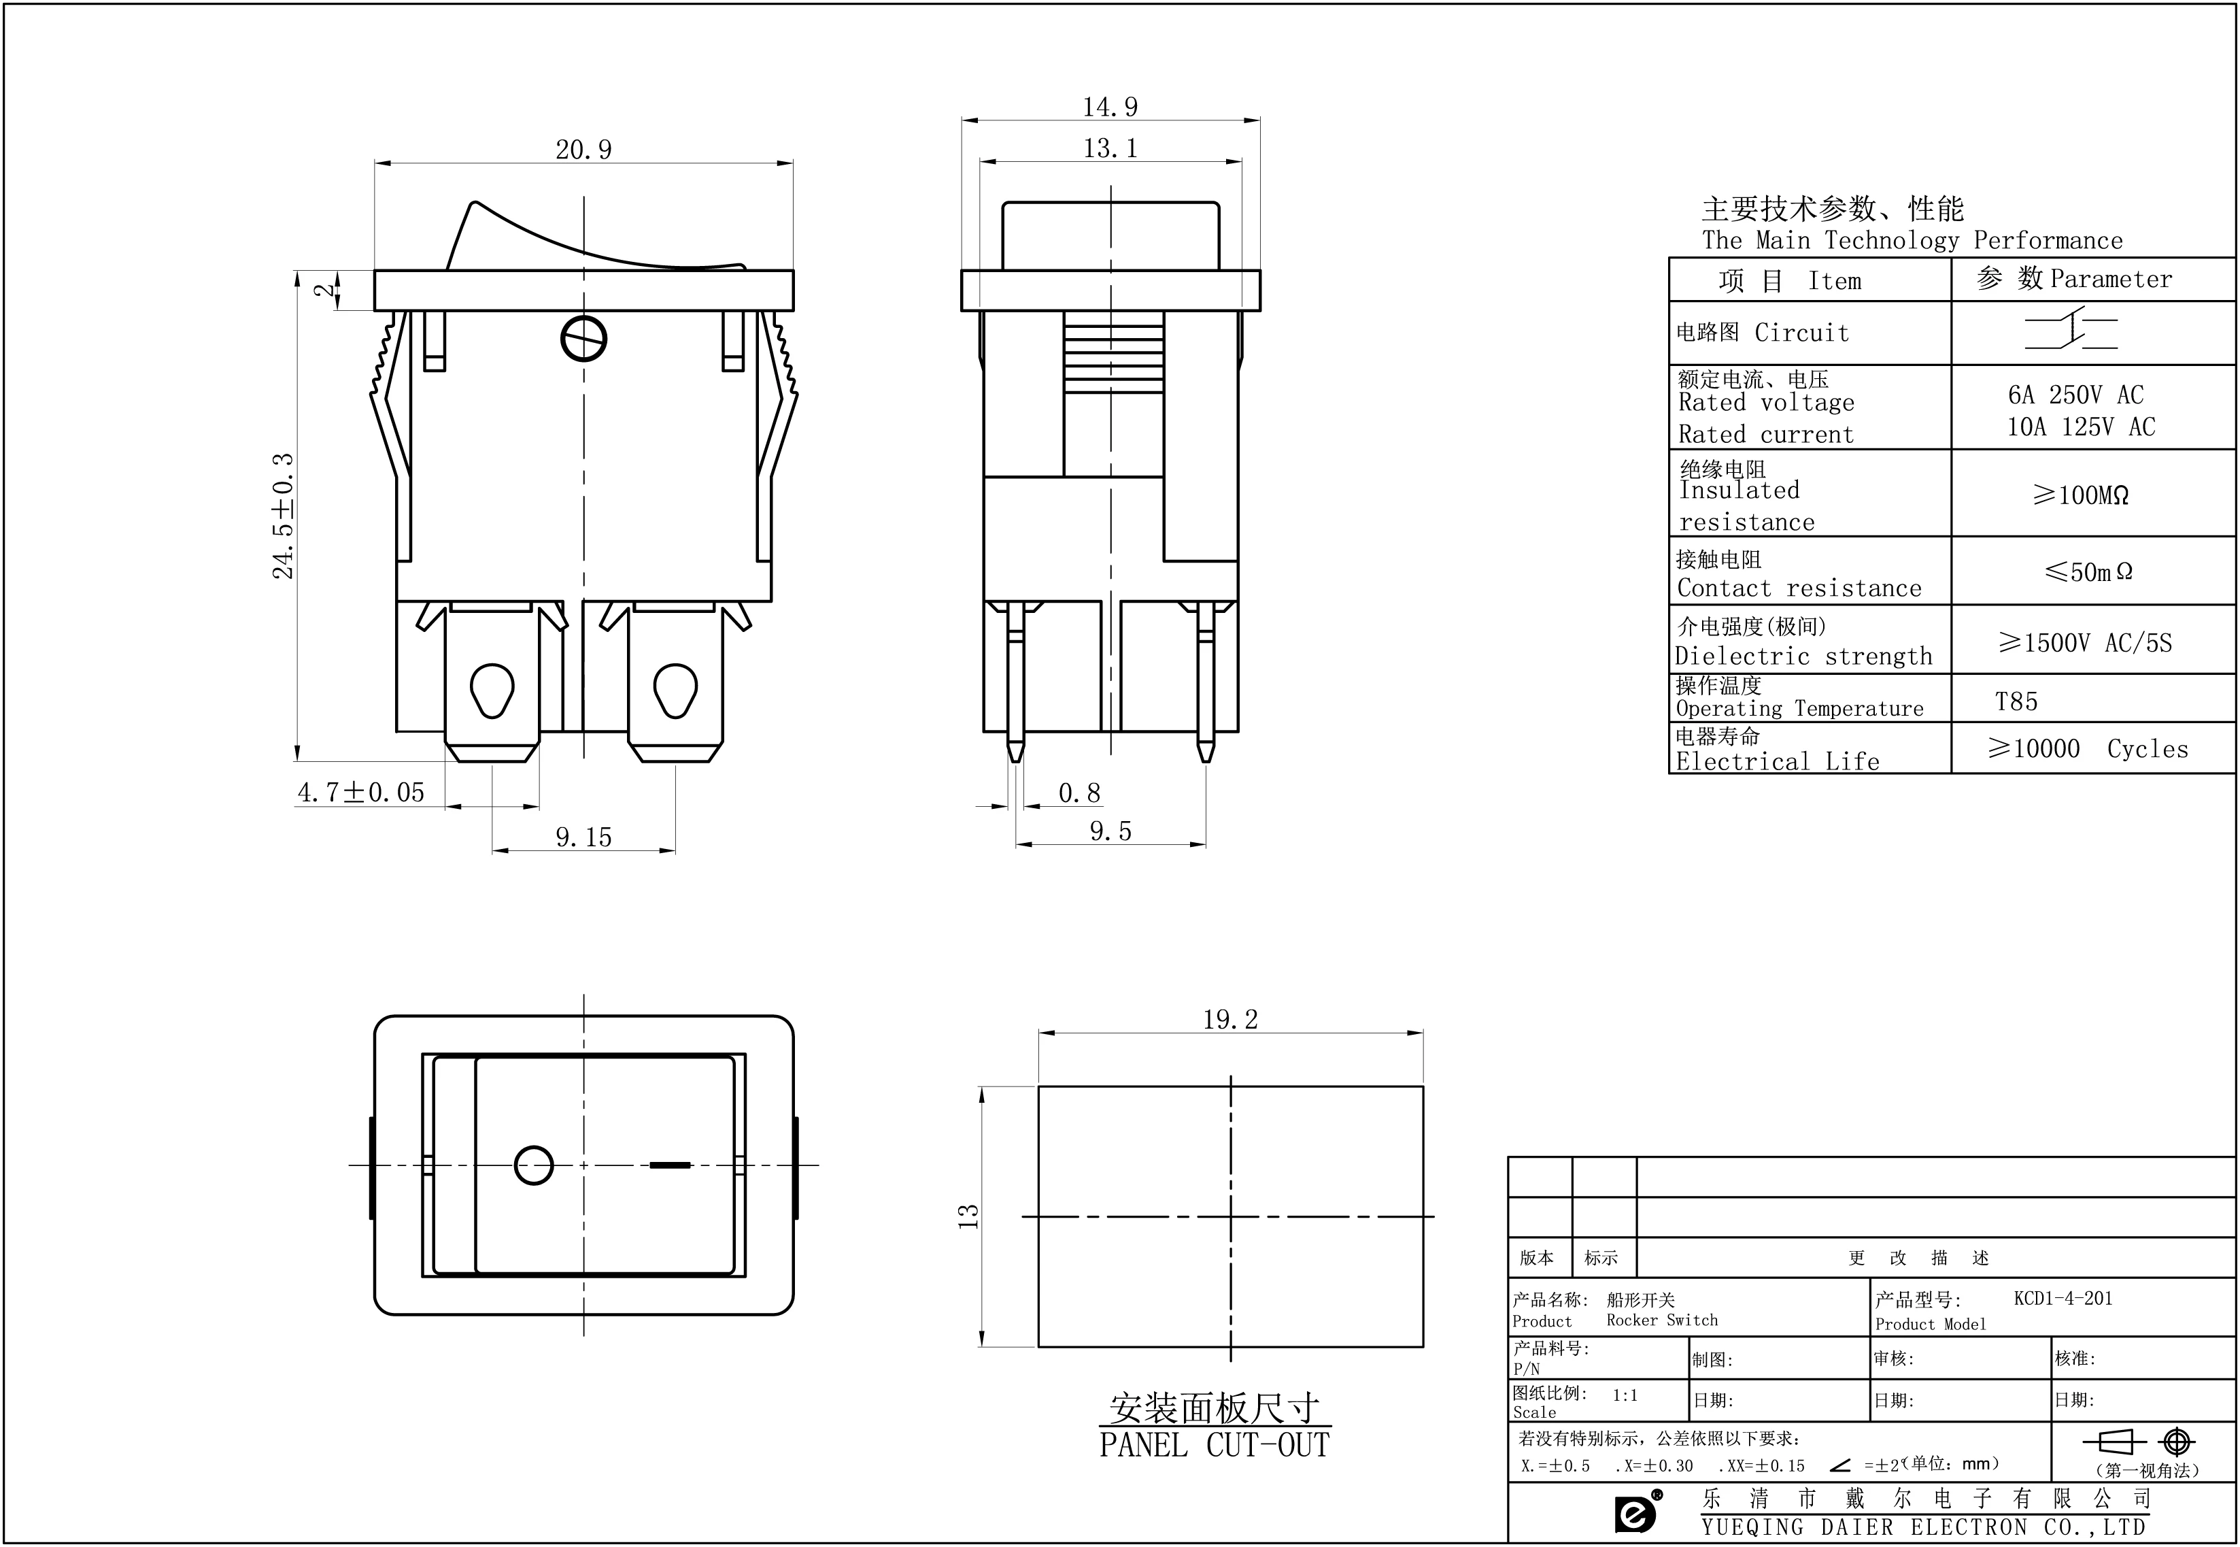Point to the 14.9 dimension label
click(1110, 107)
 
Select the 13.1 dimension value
click(1110, 148)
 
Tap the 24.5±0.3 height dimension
click(283, 516)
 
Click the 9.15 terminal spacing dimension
click(583, 837)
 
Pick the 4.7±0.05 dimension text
click(360, 793)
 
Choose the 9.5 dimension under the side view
click(1110, 831)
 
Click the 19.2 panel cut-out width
click(1230, 1020)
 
